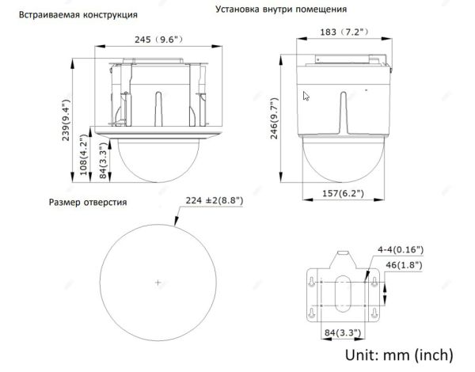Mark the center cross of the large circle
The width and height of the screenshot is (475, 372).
(x=158, y=283)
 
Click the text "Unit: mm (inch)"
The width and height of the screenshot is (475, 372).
(x=397, y=353)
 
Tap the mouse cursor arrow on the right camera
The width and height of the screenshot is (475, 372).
(x=306, y=97)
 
